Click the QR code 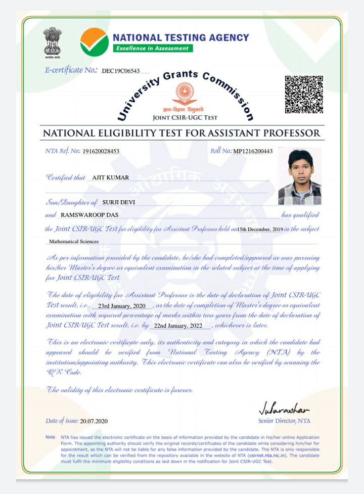(x=304, y=95)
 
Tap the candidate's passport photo (x=299, y=176)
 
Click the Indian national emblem (x=52, y=42)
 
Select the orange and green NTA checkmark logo (x=95, y=42)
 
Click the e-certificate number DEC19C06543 (x=120, y=71)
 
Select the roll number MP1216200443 (x=253, y=151)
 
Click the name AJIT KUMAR (x=111, y=177)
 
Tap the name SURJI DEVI (x=119, y=202)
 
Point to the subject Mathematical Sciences (x=74, y=242)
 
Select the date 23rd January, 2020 (x=122, y=306)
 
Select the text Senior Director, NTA (x=284, y=421)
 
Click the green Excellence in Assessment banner (x=152, y=48)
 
